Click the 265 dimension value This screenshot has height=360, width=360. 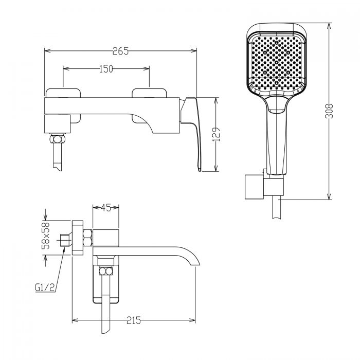coord(120,51)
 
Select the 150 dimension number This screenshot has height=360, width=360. coord(106,69)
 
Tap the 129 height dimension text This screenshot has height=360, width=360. coord(217,134)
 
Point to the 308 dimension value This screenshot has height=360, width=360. coord(329,111)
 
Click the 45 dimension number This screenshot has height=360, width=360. coord(106,208)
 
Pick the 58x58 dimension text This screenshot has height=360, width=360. coord(45,236)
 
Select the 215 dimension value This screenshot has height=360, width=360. coord(134,320)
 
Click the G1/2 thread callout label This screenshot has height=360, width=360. coord(45,287)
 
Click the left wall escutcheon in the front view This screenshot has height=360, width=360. coord(63,105)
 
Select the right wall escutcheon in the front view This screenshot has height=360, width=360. coord(149,105)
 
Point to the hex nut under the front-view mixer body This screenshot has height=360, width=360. coord(58,139)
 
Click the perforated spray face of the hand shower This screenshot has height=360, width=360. coord(277,63)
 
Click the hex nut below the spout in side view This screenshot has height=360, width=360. coord(106,271)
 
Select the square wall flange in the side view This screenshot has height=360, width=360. coord(78,238)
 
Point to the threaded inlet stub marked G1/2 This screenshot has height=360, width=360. coord(65,240)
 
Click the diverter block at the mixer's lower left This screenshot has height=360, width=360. coord(57,124)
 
